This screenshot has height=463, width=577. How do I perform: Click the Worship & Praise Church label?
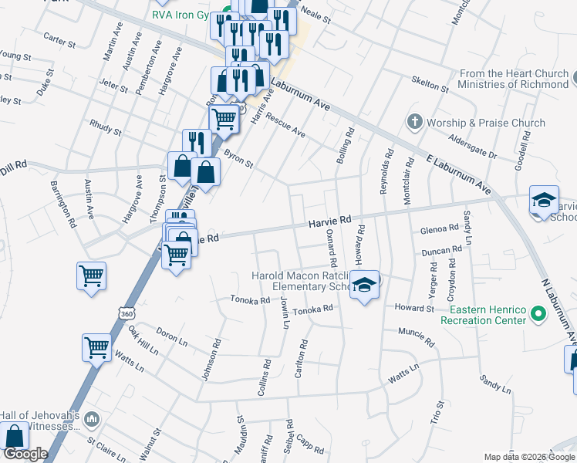click(x=486, y=123)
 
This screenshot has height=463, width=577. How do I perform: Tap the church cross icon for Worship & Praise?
click(x=415, y=122)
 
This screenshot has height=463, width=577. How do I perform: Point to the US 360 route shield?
click(x=126, y=312)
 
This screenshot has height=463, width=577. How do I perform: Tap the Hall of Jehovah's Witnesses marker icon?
click(x=92, y=420)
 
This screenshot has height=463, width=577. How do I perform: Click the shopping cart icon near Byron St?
click(x=224, y=120)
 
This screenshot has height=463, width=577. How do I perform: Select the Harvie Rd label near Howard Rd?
click(x=330, y=221)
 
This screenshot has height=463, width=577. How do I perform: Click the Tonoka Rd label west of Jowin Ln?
click(x=249, y=300)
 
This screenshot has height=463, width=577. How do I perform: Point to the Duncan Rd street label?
click(x=441, y=251)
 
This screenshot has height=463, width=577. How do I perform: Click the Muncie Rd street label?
click(x=417, y=332)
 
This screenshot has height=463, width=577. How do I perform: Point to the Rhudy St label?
click(x=106, y=127)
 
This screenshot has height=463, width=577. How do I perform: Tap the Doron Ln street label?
click(x=171, y=336)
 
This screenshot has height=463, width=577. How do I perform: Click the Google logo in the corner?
click(x=25, y=455)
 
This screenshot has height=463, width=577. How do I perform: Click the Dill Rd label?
click(x=14, y=164)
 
